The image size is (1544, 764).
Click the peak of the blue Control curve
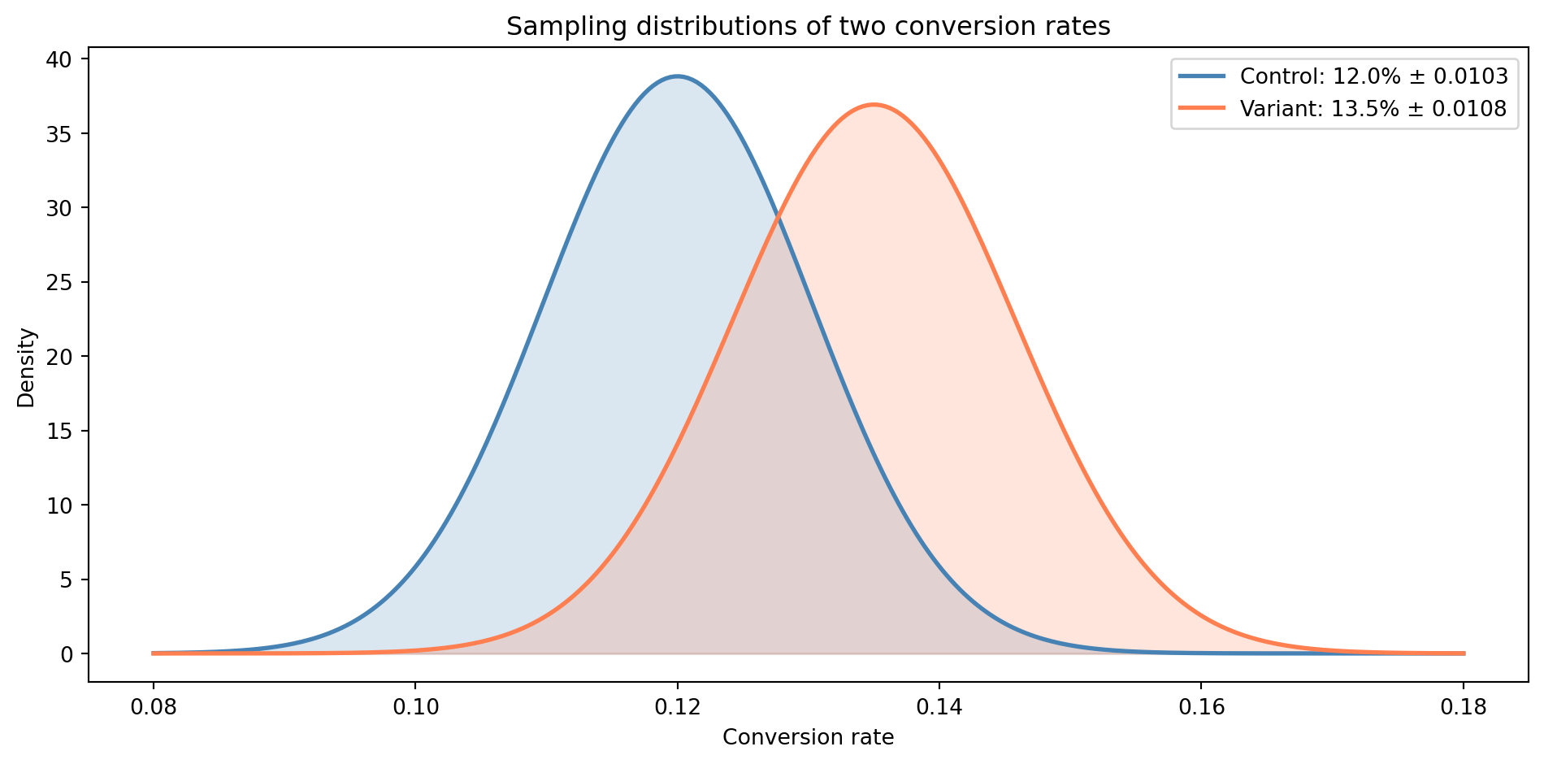[x=677, y=76]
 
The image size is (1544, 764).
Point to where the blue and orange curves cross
[x=779, y=216]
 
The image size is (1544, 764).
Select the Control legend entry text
[x=1373, y=76]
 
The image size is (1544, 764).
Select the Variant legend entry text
[x=1373, y=108]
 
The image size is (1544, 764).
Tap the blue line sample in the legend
[x=1203, y=76]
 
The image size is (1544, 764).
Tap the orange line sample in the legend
[x=1203, y=108]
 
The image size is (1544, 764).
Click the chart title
[x=808, y=27]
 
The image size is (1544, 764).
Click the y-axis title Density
[x=27, y=367]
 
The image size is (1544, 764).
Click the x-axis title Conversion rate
[x=808, y=737]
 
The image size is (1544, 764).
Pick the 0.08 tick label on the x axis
[x=153, y=706]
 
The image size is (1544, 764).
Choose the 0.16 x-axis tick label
[x=1201, y=706]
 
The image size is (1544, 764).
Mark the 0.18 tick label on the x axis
[x=1464, y=706]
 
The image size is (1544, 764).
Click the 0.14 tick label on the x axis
[x=939, y=706]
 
